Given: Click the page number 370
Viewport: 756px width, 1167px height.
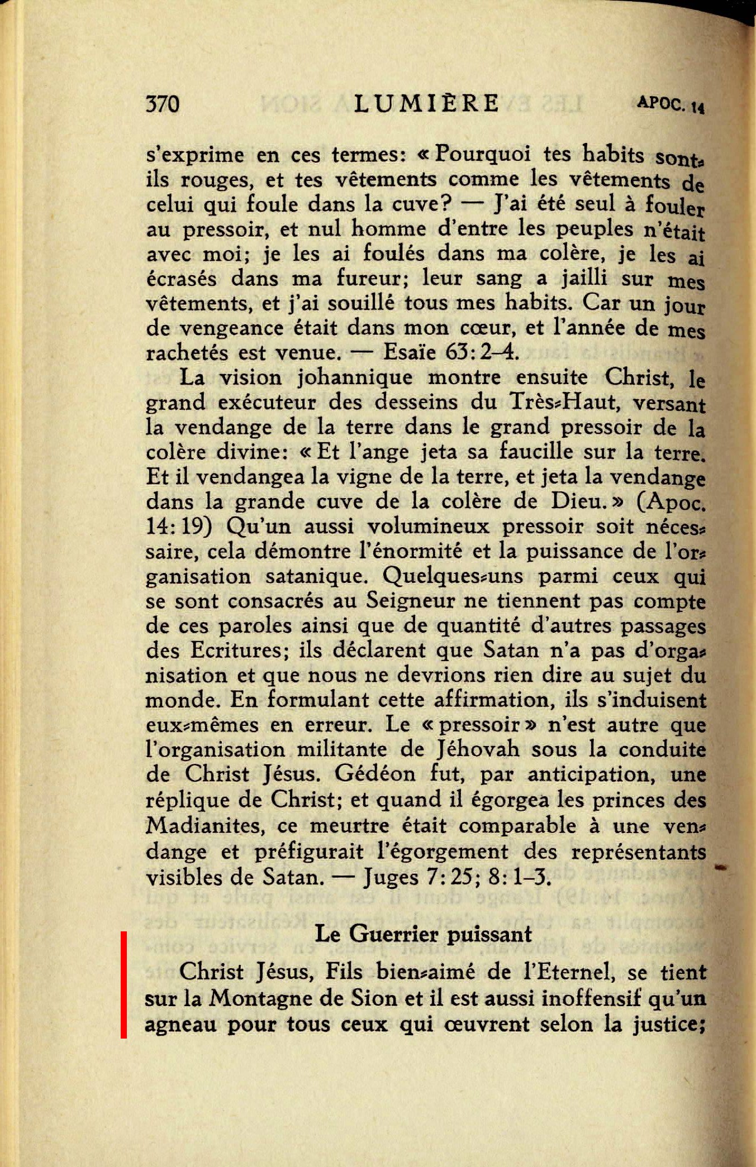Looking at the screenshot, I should tap(163, 104).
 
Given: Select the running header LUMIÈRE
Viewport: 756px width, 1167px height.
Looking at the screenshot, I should tap(427, 103).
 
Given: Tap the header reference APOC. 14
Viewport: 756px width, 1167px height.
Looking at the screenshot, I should tap(671, 104).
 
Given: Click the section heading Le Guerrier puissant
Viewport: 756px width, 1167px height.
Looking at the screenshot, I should tap(423, 934).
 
